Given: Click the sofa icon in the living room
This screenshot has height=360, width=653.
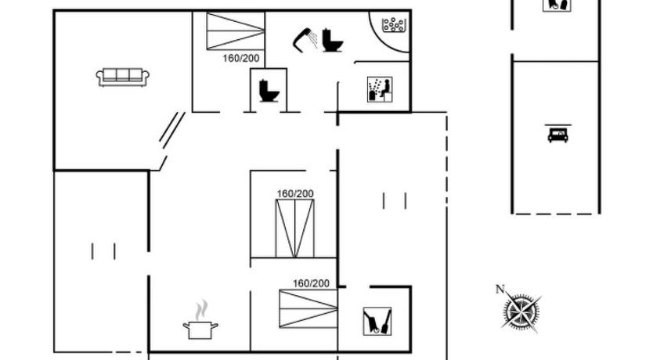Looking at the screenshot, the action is click(x=122, y=77).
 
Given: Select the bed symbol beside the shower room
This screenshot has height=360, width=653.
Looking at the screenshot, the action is click(x=236, y=31).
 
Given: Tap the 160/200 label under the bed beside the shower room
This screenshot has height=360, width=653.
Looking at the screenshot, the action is click(x=240, y=58).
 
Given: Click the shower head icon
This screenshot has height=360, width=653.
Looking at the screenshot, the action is click(x=305, y=40).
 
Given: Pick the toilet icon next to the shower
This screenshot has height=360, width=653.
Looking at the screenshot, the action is click(x=332, y=40).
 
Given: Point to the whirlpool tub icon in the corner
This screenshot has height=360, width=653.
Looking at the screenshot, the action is click(x=394, y=24).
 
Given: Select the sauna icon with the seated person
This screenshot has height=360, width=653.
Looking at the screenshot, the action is click(x=380, y=89).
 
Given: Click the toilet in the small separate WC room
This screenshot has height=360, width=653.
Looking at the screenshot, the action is click(x=269, y=90).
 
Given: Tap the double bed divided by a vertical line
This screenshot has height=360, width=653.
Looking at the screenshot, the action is click(x=295, y=229).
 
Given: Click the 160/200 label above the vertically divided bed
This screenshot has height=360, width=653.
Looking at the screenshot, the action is click(x=295, y=194).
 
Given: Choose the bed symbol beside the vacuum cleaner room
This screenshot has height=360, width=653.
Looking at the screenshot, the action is click(x=308, y=309).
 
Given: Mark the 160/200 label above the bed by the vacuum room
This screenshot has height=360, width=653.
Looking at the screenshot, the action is click(x=311, y=283).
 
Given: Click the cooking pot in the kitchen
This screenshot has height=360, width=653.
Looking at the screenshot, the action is click(x=200, y=329).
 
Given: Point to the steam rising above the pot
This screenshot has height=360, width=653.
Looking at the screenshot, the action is click(x=201, y=309).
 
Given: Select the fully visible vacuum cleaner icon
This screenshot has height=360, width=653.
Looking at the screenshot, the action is click(x=377, y=322).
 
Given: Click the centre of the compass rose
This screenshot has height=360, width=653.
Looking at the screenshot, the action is click(x=521, y=311).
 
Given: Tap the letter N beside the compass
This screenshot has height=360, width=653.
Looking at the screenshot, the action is click(x=500, y=289).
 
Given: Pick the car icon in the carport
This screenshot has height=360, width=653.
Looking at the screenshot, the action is click(x=557, y=134).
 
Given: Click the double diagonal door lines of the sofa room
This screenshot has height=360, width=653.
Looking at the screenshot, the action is click(x=172, y=130).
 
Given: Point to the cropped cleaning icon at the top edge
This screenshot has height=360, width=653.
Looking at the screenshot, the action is click(x=557, y=5).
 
